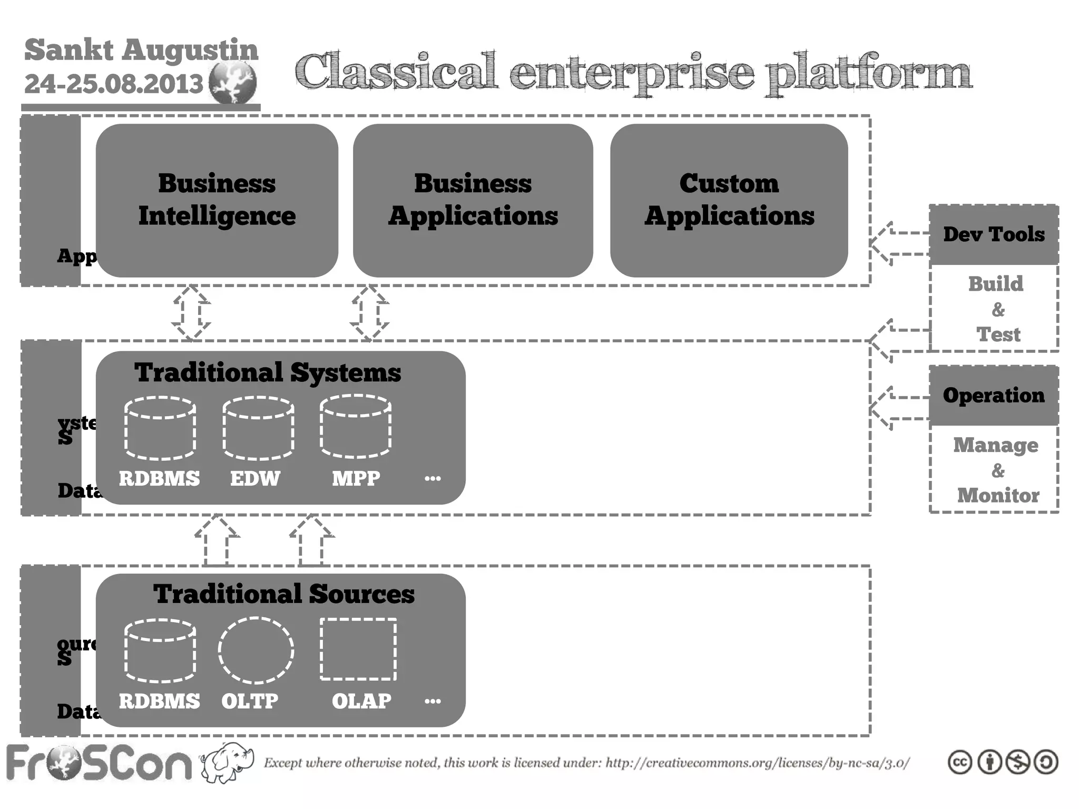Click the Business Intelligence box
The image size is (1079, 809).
click(x=217, y=200)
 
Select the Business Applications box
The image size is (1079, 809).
click(x=473, y=200)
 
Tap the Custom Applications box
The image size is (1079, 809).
click(x=729, y=200)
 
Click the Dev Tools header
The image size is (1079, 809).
click(x=994, y=234)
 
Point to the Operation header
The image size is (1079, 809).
click(x=994, y=396)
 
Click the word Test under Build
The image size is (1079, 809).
click(x=998, y=334)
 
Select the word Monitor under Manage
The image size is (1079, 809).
click(x=998, y=495)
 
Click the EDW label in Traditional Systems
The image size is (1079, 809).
click(x=255, y=478)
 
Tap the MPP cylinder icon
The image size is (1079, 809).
click(x=356, y=427)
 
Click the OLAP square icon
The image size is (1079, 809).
click(x=358, y=649)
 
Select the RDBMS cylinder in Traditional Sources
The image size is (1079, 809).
click(x=160, y=650)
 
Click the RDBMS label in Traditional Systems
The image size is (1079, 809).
click(x=159, y=478)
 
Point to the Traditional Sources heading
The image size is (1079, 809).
click(x=283, y=594)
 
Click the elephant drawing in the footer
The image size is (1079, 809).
click(x=227, y=762)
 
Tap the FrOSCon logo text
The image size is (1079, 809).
click(x=99, y=763)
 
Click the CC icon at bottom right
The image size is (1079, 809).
click(x=959, y=762)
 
